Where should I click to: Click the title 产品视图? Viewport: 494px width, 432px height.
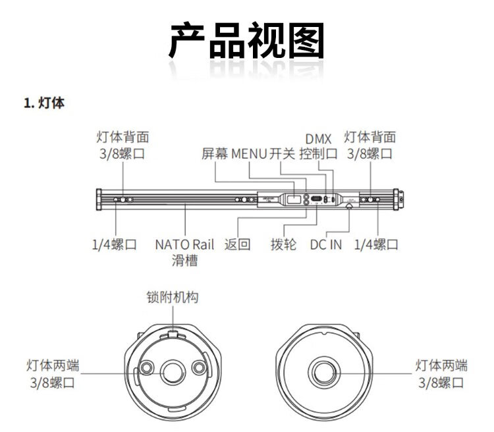click(x=247, y=40)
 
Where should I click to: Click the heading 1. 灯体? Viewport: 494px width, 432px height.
click(x=44, y=103)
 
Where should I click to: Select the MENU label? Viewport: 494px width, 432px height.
click(x=249, y=153)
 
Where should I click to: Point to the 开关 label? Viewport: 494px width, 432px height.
click(x=282, y=153)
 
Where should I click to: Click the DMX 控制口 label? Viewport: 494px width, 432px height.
click(x=319, y=146)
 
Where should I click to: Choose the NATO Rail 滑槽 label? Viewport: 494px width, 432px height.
click(x=184, y=252)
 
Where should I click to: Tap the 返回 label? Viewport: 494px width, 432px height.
click(x=238, y=244)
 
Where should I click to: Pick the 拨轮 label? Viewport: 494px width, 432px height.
click(x=283, y=244)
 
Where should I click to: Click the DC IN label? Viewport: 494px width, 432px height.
click(x=326, y=244)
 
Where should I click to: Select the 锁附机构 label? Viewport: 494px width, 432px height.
click(x=173, y=297)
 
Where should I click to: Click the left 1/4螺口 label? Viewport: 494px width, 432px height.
click(x=115, y=244)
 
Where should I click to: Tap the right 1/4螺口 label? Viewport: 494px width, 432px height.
click(x=377, y=244)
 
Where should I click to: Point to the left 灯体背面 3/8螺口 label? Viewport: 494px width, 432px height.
click(x=123, y=146)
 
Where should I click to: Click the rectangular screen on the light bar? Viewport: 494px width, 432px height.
click(x=293, y=200)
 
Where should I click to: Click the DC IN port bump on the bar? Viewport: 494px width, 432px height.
click(x=349, y=206)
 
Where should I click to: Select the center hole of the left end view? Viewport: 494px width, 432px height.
click(x=172, y=373)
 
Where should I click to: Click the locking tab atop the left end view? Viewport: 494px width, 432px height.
click(x=173, y=334)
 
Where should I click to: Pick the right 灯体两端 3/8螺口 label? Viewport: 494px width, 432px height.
click(x=441, y=374)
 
